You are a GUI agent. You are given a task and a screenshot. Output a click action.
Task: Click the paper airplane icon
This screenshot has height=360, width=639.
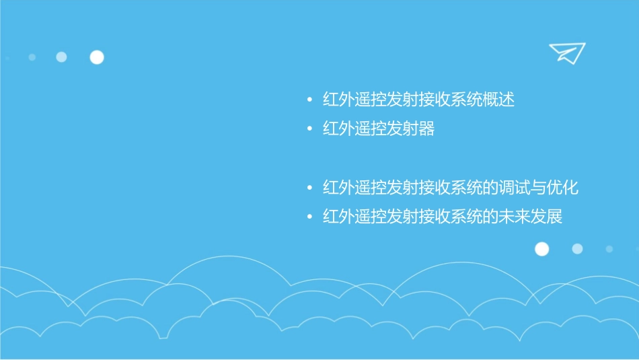point(566,52)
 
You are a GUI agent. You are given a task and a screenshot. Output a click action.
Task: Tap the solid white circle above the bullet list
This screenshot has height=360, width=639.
point(97,57)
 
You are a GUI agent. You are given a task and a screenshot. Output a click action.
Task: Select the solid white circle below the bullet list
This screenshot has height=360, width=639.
point(541,249)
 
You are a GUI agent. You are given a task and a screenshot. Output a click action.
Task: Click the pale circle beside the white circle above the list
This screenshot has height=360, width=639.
point(61,57)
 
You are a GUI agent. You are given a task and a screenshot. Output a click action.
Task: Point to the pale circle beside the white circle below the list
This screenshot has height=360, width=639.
point(577,249)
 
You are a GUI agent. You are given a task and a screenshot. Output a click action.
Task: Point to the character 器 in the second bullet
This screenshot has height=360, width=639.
point(426,129)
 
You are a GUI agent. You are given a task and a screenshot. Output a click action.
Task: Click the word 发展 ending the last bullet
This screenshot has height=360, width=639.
point(546,217)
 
